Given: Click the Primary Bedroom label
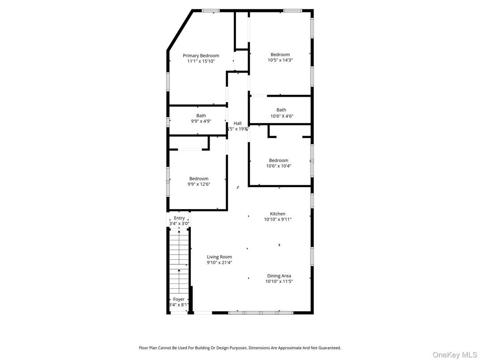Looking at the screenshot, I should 201,56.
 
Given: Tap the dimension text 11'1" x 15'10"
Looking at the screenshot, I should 201,61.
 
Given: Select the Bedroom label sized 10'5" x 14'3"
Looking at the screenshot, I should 280,55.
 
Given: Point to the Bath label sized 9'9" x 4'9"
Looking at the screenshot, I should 201,116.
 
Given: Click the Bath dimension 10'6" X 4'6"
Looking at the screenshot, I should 281,116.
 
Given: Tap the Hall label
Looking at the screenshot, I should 237,123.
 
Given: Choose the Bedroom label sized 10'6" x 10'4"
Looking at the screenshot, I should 279,160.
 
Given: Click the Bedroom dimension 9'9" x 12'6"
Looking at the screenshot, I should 198,184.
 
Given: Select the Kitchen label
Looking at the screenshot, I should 278,214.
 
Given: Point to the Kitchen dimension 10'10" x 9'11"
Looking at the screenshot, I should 278,219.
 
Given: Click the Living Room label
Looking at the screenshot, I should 219,257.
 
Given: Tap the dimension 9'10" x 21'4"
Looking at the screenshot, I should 219,263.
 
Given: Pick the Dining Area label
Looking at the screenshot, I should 279,276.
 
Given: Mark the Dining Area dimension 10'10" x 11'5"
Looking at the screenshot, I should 279,282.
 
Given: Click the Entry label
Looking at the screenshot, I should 179,218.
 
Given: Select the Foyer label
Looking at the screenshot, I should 179,299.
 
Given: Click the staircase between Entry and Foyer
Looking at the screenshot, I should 179,260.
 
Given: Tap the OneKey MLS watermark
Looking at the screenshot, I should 454,355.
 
